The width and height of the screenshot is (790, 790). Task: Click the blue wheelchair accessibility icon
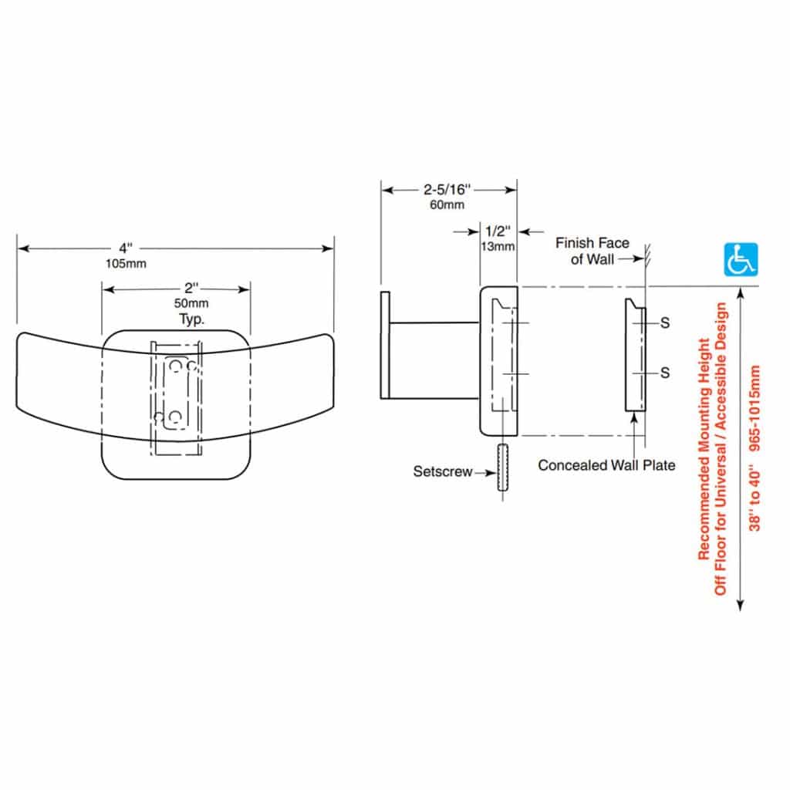(x=740, y=259)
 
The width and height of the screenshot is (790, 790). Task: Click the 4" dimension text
(x=126, y=248)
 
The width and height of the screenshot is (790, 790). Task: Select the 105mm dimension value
(x=126, y=263)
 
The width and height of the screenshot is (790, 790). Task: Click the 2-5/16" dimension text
(x=447, y=189)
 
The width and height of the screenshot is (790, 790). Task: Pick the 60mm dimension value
(x=447, y=204)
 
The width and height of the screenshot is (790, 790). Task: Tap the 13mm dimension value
(x=498, y=246)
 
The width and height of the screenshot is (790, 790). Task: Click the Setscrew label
(x=442, y=471)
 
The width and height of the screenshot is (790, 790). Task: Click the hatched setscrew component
(x=503, y=468)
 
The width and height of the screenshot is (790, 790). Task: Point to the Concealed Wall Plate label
(x=606, y=465)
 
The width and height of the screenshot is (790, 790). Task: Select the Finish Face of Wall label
(x=592, y=252)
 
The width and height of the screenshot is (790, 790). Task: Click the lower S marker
(x=664, y=373)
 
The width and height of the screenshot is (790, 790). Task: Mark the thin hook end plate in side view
(x=385, y=342)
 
